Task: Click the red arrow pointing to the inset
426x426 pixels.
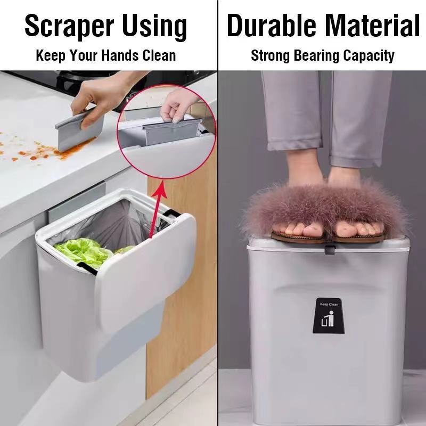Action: [153, 213]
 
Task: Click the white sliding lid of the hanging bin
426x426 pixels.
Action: [146, 266]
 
